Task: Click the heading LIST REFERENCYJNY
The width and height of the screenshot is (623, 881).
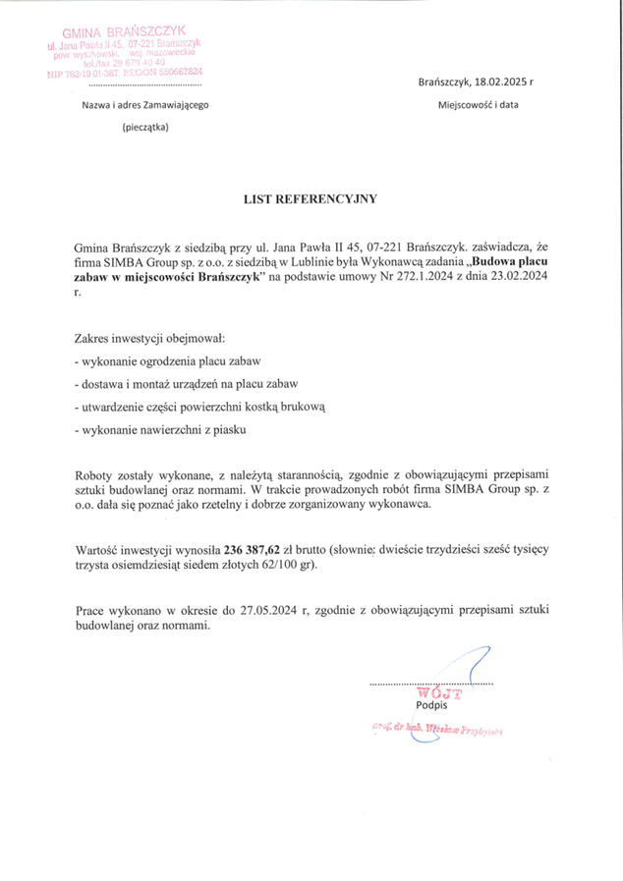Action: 311,197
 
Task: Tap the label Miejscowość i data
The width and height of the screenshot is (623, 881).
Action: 478,104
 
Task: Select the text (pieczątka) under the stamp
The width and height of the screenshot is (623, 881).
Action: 144,127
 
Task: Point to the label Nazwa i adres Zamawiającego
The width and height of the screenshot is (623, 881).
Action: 144,104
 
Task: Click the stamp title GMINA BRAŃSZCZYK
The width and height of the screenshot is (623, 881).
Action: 125,32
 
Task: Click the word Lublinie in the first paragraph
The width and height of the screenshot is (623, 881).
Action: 379,262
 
